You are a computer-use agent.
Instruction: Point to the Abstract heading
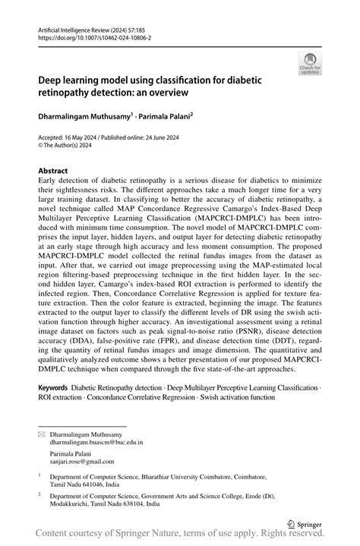52,172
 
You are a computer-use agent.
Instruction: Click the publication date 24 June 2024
169,137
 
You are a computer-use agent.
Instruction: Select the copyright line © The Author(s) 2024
70,146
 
